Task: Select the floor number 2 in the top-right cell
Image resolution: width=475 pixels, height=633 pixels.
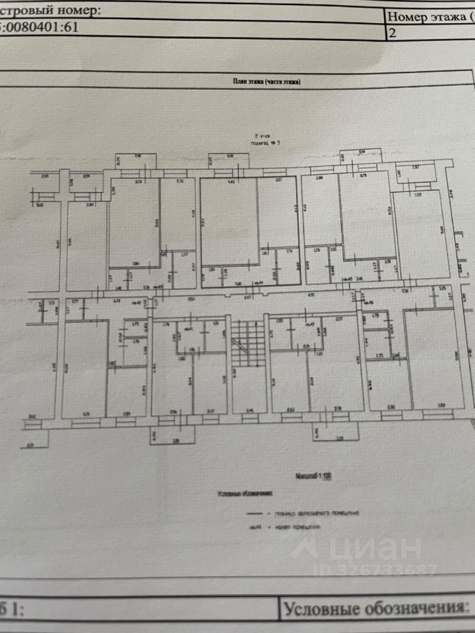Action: tap(393, 34)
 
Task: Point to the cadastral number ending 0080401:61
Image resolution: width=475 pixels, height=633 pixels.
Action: tap(40, 28)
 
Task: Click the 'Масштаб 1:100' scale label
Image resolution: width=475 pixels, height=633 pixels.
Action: tap(314, 474)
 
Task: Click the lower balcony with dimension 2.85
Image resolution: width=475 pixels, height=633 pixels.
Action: tap(175, 435)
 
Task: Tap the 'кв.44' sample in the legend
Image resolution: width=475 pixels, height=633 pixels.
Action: tap(253, 527)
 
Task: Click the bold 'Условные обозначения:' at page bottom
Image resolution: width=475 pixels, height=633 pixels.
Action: tap(375, 607)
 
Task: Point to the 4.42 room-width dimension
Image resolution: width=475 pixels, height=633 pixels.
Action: tap(232, 180)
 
